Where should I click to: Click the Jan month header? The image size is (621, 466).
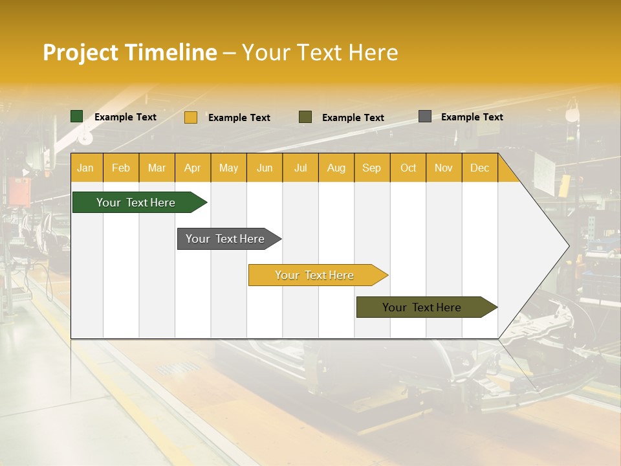click(85, 168)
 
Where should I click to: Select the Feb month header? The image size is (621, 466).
click(121, 168)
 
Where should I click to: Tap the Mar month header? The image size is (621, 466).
click(157, 168)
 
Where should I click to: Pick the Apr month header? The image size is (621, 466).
click(192, 168)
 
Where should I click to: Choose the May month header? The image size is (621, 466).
click(228, 168)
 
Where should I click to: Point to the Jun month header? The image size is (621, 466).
click(265, 168)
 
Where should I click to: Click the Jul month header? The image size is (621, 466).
click(300, 168)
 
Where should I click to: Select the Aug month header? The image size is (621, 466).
click(336, 168)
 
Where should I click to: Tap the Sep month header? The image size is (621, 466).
click(371, 168)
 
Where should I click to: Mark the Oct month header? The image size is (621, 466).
click(408, 168)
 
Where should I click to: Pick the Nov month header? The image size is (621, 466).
click(444, 168)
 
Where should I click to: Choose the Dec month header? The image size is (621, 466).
click(479, 168)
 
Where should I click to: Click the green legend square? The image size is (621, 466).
click(77, 116)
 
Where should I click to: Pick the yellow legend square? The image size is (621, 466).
click(191, 117)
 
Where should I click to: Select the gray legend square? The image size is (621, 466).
click(425, 116)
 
